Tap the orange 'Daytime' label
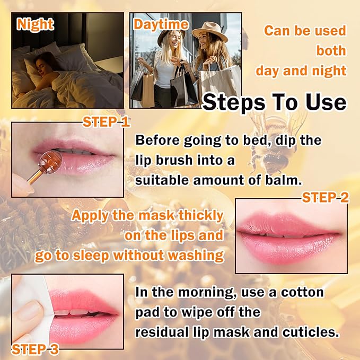pos(161,24)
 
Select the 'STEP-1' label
pos(106,122)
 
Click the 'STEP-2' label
pos(326,198)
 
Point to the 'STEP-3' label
pos(36,349)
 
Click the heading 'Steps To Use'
pos(274,102)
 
